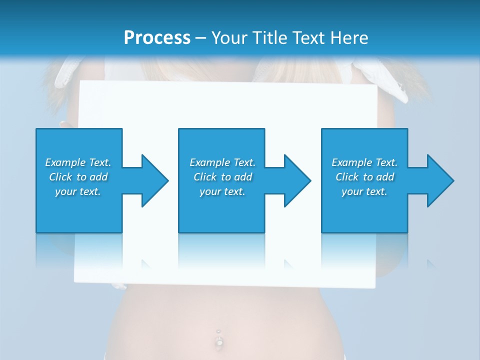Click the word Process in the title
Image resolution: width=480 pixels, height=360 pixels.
click(x=157, y=37)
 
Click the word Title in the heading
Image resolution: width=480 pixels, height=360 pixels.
click(x=271, y=37)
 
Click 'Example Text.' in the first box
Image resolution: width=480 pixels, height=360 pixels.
click(x=78, y=162)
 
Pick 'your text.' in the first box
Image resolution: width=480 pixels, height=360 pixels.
click(x=78, y=191)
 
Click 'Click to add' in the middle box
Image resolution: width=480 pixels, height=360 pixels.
click(x=222, y=177)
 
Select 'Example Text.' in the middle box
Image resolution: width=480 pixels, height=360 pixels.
click(x=222, y=162)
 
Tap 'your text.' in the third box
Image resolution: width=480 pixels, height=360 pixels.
click(x=364, y=191)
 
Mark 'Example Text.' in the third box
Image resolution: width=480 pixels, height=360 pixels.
click(x=364, y=162)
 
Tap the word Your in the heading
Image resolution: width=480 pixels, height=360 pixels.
click(x=229, y=37)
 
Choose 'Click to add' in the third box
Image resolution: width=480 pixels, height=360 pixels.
click(x=364, y=177)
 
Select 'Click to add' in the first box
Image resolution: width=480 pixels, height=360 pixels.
click(x=78, y=177)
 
